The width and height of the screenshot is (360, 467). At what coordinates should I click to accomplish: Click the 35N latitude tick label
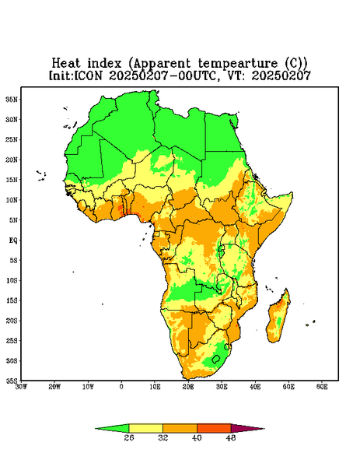click(12, 99)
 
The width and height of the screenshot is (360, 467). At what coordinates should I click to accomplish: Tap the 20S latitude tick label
click(12, 321)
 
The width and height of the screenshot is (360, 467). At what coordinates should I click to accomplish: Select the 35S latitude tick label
click(12, 381)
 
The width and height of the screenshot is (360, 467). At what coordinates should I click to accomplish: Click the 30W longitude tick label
click(21, 387)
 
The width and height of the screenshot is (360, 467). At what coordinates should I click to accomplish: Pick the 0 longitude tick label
click(121, 387)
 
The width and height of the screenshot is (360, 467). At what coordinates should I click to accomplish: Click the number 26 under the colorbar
click(129, 437)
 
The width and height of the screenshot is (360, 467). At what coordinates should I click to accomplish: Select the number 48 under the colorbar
click(231, 437)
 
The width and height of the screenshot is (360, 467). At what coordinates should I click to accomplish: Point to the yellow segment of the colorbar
click(145, 428)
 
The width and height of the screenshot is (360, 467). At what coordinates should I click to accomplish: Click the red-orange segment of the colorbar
click(214, 428)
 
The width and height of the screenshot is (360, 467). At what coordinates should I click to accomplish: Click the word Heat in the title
click(66, 64)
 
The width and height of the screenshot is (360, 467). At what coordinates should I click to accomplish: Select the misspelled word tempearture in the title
click(237, 64)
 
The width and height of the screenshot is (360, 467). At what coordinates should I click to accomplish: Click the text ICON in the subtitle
click(88, 75)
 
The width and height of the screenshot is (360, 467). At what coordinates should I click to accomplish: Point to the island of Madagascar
click(278, 318)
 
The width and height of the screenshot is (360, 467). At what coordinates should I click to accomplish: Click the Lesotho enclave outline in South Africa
click(216, 359)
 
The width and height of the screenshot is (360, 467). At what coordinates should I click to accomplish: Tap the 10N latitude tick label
click(12, 200)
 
